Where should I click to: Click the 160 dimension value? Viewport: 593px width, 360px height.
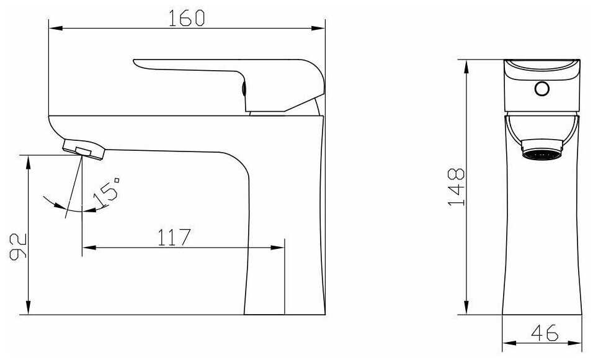186,18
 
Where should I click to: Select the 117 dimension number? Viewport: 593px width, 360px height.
174,237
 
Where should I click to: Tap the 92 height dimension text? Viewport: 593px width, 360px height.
18,246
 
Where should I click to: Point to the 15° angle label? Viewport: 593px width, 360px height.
107,192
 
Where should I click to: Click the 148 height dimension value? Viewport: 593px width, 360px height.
456,187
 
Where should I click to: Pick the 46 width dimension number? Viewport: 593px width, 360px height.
544,332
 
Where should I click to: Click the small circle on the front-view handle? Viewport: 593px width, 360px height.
542,89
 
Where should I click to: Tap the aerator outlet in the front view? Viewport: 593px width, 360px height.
542,150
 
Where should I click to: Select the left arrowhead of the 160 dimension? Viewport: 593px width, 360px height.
55,28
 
